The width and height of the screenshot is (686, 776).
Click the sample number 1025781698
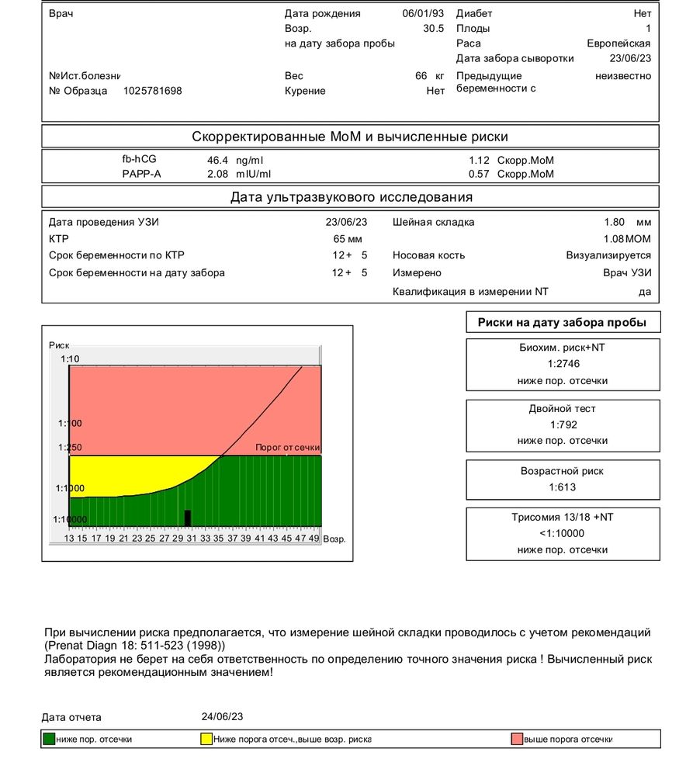tap(153, 91)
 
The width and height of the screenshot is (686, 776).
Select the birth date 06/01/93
tap(423, 13)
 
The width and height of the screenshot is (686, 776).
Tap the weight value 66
tap(421, 76)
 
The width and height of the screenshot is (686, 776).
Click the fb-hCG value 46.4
tap(212, 160)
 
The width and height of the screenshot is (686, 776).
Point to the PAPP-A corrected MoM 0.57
tap(483, 174)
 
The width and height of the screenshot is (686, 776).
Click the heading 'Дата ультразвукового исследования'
tap(351, 197)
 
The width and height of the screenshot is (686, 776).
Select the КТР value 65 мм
tap(348, 239)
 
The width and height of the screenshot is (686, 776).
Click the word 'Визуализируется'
tap(608, 255)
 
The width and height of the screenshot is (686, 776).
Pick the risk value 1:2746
tap(563, 364)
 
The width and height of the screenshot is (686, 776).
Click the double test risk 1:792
tap(563, 424)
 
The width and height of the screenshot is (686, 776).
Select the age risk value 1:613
tap(563, 487)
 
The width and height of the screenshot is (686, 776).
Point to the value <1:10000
tap(563, 533)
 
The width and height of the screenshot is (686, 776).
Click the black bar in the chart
tap(187, 518)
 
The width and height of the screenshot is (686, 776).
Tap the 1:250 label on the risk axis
tap(69, 448)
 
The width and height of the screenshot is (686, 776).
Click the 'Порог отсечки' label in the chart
tap(288, 448)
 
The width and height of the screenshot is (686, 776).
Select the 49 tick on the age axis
tap(314, 538)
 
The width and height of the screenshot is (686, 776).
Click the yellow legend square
tap(206, 739)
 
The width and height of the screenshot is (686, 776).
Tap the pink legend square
tap(517, 739)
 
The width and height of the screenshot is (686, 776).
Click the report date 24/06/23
tap(222, 716)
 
